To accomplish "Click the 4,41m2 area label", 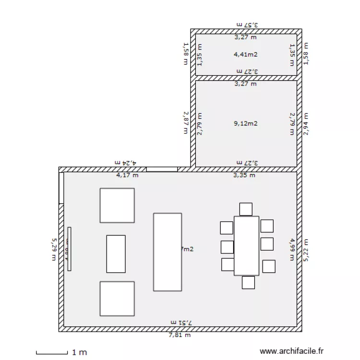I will pyautogui.click(x=245, y=54).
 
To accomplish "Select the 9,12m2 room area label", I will pyautogui.click(x=245, y=123).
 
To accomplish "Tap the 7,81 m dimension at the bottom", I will pyautogui.click(x=180, y=335).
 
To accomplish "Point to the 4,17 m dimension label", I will pyautogui.click(x=127, y=175).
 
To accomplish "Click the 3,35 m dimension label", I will pyautogui.click(x=244, y=175).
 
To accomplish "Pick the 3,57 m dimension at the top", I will pyautogui.click(x=247, y=24).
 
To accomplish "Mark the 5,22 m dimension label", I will pyautogui.click(x=306, y=251).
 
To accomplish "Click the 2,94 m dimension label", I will pyautogui.click(x=306, y=123).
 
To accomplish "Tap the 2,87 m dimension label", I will pyautogui.click(x=186, y=123).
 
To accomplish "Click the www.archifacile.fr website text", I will pyautogui.click(x=291, y=351).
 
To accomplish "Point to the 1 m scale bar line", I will pyautogui.click(x=52, y=354).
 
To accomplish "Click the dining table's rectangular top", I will pyautogui.click(x=246, y=245).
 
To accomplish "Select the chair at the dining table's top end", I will pyautogui.click(x=246, y=209).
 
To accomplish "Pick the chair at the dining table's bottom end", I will pyautogui.click(x=248, y=282).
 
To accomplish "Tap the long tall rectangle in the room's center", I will pyautogui.click(x=167, y=252).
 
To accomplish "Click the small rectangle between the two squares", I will pyautogui.click(x=116, y=254).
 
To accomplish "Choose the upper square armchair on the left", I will pyautogui.click(x=117, y=205).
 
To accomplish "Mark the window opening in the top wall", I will pyautogui.click(x=162, y=169).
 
